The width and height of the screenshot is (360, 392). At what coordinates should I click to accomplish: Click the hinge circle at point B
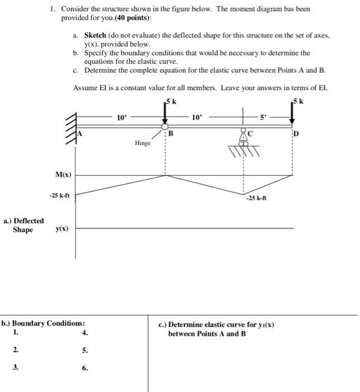(x=165, y=127)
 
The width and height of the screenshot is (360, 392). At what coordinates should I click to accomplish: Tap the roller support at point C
(x=244, y=138)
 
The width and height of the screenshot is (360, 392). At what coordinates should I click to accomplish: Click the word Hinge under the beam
(x=143, y=143)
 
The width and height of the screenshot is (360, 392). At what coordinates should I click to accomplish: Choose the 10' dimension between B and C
(x=195, y=118)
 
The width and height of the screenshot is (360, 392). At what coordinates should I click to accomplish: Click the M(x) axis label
(x=63, y=175)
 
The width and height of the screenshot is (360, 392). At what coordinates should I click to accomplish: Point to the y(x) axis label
(x=63, y=229)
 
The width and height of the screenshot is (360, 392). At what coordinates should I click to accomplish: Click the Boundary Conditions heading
(x=44, y=323)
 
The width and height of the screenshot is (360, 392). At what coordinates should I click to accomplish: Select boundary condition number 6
(x=84, y=368)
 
